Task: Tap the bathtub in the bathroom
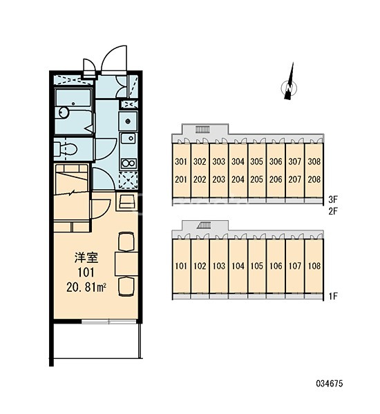click(x=73, y=98)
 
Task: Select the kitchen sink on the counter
click(x=128, y=138)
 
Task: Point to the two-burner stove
click(x=129, y=164)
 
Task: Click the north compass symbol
click(x=289, y=85)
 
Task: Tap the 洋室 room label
click(x=86, y=258)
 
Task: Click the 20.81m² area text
click(x=86, y=288)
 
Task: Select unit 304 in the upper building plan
click(x=238, y=161)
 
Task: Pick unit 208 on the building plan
click(x=314, y=179)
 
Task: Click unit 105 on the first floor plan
click(x=256, y=266)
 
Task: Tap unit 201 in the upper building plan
click(x=180, y=179)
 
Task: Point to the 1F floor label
click(x=333, y=296)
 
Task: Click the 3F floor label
click(x=333, y=199)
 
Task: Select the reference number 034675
click(x=330, y=384)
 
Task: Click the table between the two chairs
click(x=126, y=264)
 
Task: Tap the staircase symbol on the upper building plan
click(x=202, y=130)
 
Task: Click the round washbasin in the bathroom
click(x=64, y=112)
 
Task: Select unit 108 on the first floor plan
click(x=314, y=266)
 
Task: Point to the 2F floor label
click(x=333, y=211)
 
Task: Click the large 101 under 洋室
click(x=86, y=273)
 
